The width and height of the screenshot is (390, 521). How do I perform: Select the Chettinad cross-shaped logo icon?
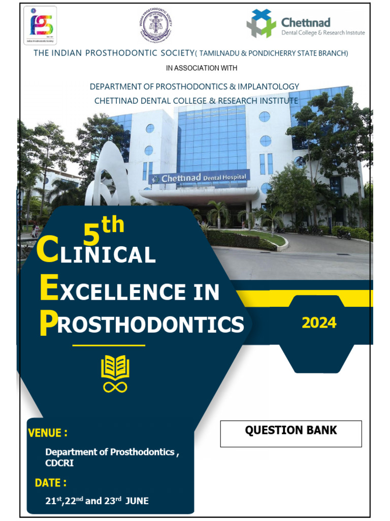coord(261,24)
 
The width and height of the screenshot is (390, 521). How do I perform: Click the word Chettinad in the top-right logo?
coord(306,22)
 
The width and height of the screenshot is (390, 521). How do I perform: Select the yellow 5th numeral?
coord(103,229)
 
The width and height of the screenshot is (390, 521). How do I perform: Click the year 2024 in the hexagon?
coord(319,323)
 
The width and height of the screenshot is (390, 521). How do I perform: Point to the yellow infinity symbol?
coord(115,387)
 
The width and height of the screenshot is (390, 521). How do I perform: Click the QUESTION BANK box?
coord(290,433)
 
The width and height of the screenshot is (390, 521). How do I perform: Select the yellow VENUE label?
coord(48,433)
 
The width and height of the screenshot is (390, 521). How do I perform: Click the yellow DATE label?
coord(50,482)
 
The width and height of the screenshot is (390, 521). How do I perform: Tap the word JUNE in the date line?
coord(137,501)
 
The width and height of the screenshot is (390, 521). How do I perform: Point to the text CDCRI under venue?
coord(59,463)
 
